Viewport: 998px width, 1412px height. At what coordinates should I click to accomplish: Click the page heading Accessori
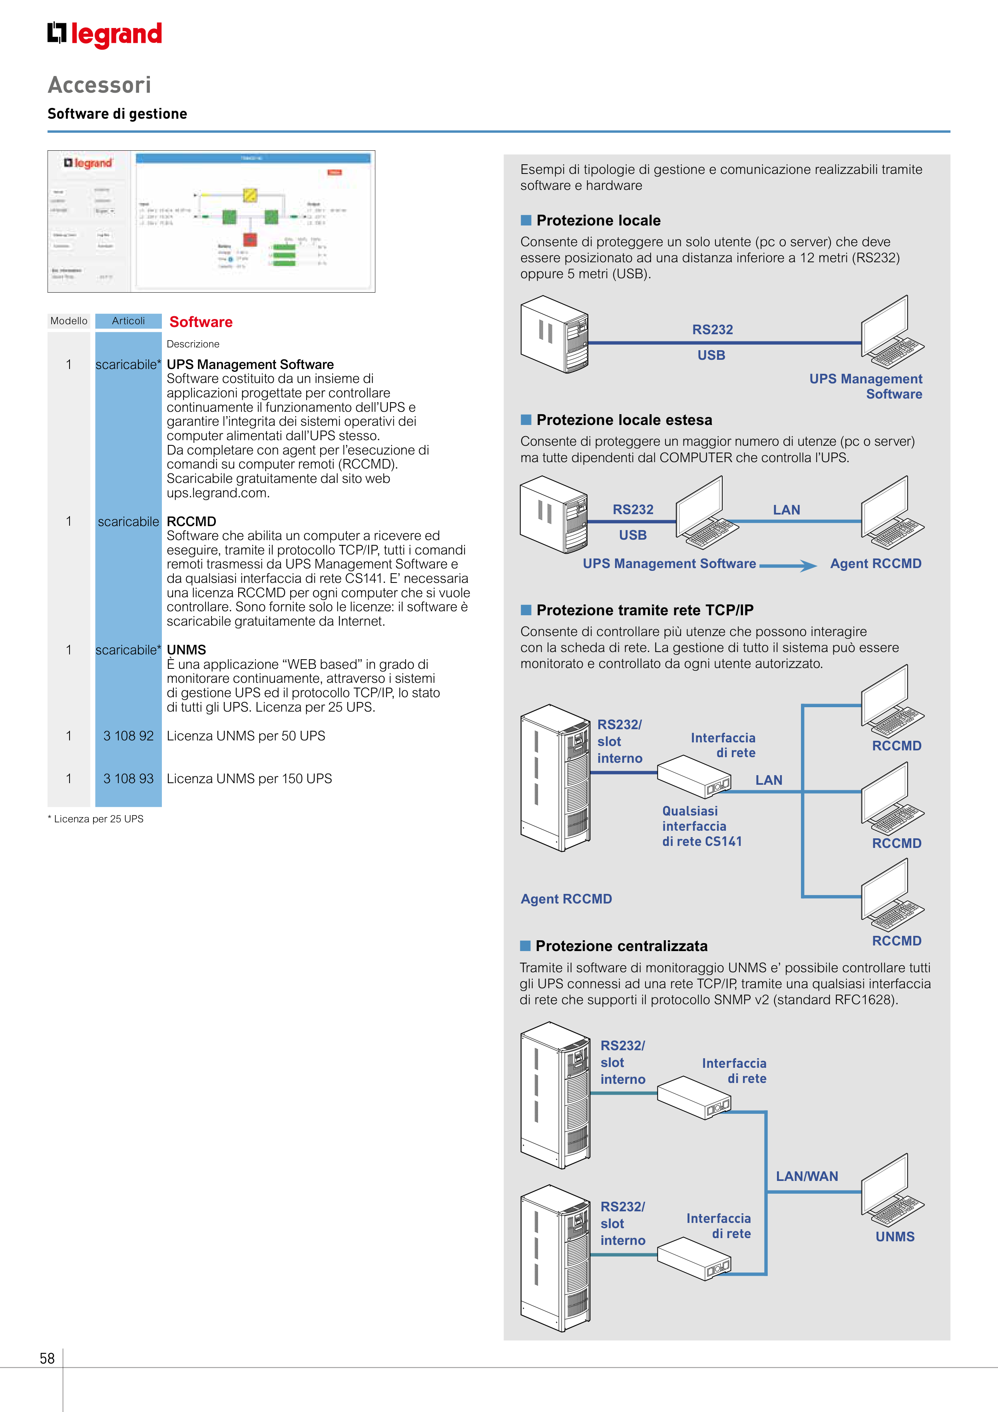(100, 85)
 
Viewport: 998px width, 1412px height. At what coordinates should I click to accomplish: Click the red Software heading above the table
(201, 322)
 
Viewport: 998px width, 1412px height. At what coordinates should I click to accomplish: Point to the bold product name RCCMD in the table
(191, 522)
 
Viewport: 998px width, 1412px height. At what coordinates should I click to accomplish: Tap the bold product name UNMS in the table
(186, 650)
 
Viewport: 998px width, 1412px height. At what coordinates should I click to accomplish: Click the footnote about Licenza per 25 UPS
(96, 819)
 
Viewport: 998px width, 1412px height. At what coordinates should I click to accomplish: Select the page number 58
(47, 1358)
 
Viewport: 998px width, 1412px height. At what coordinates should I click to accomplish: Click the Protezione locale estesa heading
(624, 420)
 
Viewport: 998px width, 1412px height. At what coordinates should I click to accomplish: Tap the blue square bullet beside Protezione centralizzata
(525, 946)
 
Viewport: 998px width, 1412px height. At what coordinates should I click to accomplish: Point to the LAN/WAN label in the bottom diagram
(807, 1177)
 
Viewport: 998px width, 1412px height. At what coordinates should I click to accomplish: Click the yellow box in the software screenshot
(250, 195)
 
